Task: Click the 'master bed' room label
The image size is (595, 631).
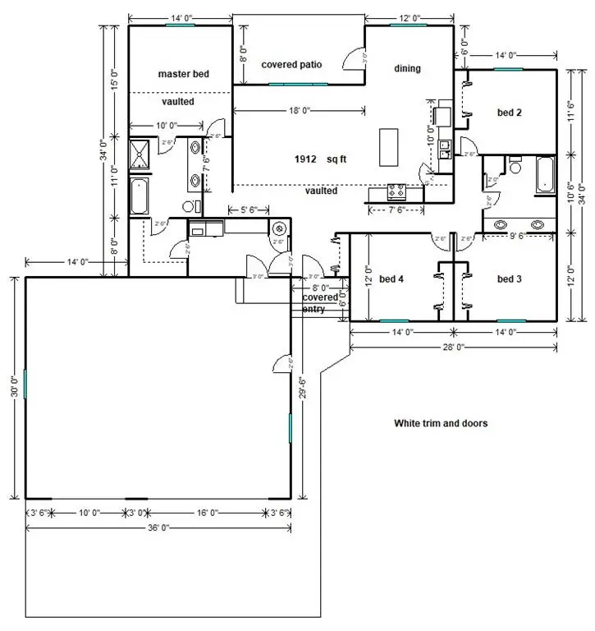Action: [183, 74]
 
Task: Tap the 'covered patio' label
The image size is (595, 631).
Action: [291, 64]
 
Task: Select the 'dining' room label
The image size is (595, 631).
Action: [407, 68]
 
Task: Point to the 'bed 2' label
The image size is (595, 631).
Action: [510, 113]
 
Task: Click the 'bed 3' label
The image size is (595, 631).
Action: [510, 279]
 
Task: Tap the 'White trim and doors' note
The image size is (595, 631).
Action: [441, 424]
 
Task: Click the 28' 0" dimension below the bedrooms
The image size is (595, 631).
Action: [454, 347]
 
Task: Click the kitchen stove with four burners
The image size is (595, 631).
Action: [396, 192]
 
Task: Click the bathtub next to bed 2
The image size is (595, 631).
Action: [546, 175]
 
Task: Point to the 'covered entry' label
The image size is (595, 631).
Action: [320, 302]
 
